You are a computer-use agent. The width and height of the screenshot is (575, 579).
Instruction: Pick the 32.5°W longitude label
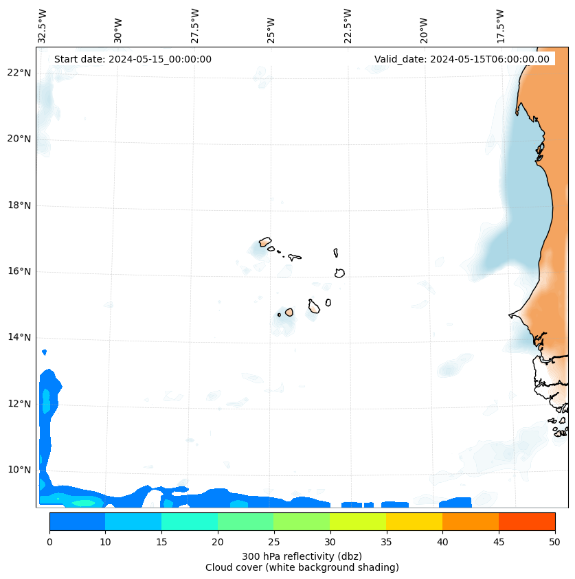[43, 26]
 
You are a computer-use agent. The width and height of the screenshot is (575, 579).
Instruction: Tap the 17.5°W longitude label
[501, 26]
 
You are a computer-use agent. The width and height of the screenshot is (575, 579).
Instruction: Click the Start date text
[133, 59]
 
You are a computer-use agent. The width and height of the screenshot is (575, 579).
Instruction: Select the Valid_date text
[462, 59]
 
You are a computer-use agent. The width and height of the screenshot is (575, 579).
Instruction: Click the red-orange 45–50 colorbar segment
[527, 521]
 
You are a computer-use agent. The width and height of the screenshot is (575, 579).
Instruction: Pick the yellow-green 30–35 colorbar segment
[358, 521]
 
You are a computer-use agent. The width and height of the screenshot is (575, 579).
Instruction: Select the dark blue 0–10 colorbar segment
[77, 521]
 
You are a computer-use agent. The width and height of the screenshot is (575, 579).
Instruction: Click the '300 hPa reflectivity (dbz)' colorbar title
[302, 556]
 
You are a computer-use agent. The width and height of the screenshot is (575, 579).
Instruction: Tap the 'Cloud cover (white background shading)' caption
[302, 567]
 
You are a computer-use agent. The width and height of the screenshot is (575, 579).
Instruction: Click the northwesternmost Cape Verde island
[265, 242]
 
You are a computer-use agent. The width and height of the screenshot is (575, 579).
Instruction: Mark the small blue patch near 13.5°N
[45, 352]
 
